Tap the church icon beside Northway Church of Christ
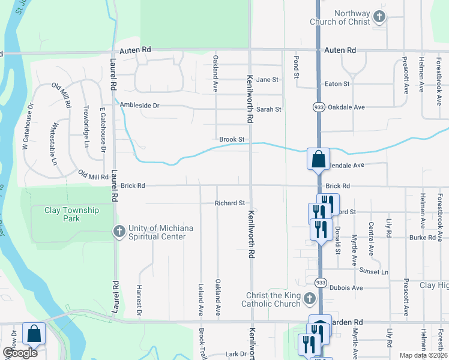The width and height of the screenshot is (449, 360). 379,16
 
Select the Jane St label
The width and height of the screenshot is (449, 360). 268,80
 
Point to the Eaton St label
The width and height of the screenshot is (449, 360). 337,84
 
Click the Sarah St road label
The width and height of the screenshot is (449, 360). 269,109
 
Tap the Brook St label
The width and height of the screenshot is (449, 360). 231,139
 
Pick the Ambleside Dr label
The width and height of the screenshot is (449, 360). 139,105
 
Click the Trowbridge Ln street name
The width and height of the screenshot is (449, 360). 86,127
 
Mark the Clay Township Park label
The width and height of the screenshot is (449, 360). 71,214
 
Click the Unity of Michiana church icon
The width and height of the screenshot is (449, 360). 119,230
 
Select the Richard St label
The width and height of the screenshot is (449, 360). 230,203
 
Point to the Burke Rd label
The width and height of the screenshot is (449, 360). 424,238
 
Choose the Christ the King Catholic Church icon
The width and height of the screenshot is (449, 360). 309,298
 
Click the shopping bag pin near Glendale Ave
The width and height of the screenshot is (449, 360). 318,160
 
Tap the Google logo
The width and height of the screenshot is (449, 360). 20,353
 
